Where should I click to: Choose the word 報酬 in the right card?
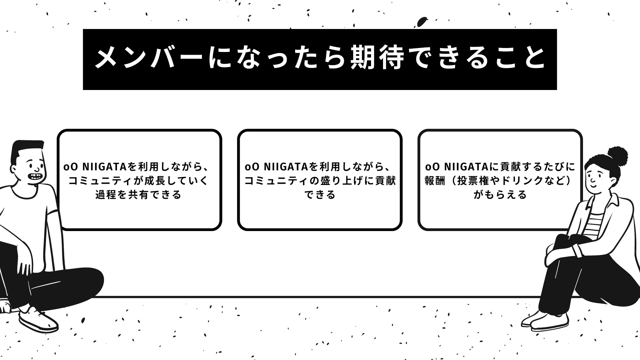(x=435, y=180)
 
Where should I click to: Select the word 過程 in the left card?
(x=107, y=194)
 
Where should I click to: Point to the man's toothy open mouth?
(x=35, y=176)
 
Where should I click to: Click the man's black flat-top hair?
(x=26, y=150)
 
